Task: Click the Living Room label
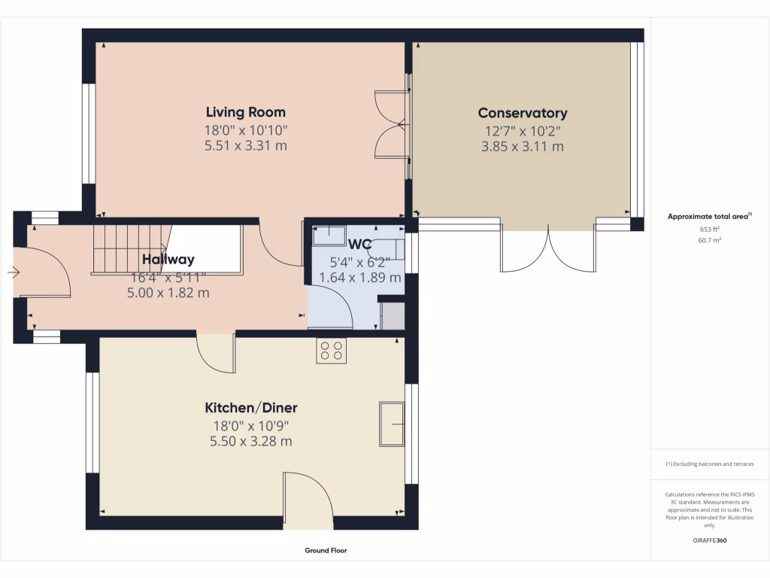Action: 246,113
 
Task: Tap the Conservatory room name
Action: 523,113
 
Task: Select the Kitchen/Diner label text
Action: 251,408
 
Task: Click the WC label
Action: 360,244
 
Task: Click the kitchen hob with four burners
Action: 332,351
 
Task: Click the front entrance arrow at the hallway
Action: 13,272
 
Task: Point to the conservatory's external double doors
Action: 549,248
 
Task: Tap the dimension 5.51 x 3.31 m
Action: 246,146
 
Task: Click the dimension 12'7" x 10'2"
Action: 523,131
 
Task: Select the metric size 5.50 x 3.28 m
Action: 251,442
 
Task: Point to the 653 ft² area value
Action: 710,229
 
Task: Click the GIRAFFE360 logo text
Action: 710,540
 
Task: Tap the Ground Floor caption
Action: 326,551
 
